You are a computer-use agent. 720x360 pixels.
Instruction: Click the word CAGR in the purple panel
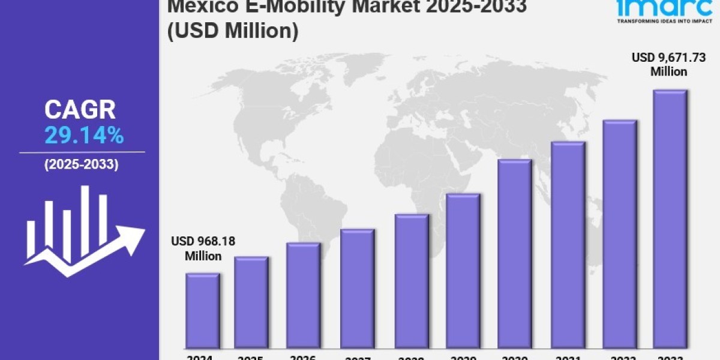click(x=80, y=110)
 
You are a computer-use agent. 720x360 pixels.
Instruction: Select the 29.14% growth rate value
click(x=84, y=136)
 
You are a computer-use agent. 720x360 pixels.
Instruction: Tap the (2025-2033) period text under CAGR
click(x=80, y=164)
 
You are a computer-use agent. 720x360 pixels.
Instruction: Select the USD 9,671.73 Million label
click(x=668, y=64)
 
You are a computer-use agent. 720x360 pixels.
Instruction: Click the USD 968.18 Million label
click(x=203, y=248)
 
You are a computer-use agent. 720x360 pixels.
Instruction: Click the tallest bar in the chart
click(x=670, y=219)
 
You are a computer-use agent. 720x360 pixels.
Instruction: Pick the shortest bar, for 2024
click(x=202, y=311)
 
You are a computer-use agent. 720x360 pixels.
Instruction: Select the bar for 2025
click(x=251, y=302)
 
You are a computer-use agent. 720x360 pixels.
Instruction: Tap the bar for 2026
click(x=303, y=295)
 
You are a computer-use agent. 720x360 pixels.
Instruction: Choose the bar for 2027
click(x=357, y=289)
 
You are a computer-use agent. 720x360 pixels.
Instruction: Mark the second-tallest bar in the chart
click(x=619, y=234)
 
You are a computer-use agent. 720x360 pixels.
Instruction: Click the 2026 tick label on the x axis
click(x=303, y=357)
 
